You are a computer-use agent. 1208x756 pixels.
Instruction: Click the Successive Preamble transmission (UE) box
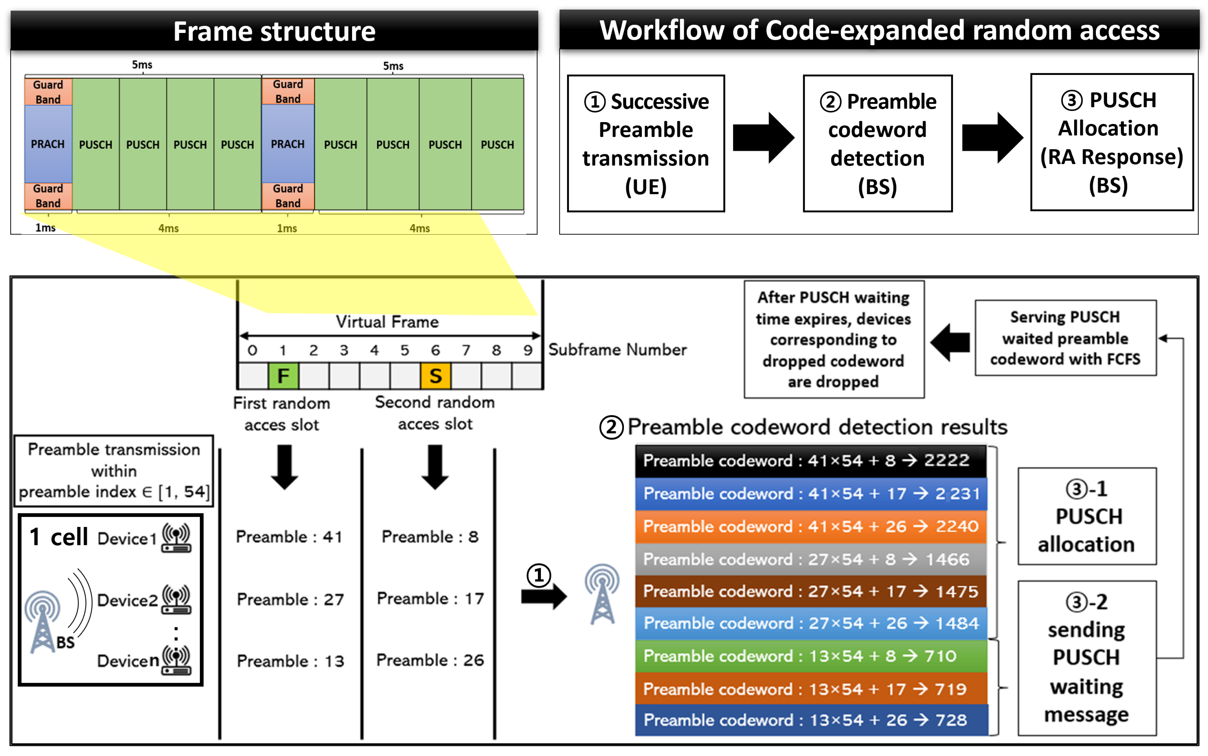pyautogui.click(x=646, y=144)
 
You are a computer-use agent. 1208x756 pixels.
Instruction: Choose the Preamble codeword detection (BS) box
pyautogui.click(x=877, y=144)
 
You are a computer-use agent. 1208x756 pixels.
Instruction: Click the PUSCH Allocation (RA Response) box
pyautogui.click(x=1112, y=143)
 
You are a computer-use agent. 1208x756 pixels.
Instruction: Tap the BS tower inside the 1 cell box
pyautogui.click(x=43, y=621)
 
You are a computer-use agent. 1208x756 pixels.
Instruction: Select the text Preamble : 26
pyautogui.click(x=430, y=660)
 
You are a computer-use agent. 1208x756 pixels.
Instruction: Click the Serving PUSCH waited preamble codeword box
pyautogui.click(x=1065, y=338)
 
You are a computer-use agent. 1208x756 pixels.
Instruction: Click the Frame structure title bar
pyautogui.click(x=274, y=31)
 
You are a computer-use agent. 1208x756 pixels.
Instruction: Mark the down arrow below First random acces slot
pyautogui.click(x=284, y=466)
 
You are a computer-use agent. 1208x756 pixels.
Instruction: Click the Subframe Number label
pyautogui.click(x=617, y=350)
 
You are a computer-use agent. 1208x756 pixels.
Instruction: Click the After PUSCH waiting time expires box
pyautogui.click(x=833, y=340)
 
